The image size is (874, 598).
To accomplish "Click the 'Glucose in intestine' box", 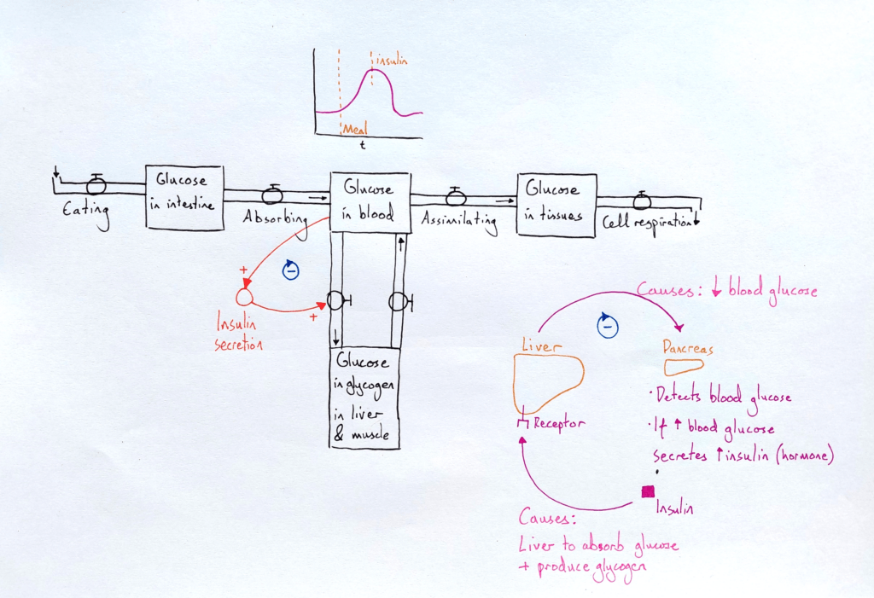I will point(184,198).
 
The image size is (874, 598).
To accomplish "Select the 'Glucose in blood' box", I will point(370,201).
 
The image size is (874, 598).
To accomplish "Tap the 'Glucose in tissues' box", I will point(556,205).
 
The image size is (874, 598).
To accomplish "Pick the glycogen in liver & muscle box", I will point(364,398).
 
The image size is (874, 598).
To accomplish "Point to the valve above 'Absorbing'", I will point(272,194).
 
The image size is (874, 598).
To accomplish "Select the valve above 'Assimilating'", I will point(457,197).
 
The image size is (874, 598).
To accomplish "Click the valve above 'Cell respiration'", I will point(642,200).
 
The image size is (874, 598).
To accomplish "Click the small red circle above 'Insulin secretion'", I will point(244,296).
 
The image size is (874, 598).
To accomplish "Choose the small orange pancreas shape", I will point(685,367).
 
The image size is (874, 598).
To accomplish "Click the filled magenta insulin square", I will point(648,491).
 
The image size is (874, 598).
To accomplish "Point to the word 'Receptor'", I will point(558,422).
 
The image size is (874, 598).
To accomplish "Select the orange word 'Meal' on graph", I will point(354,129).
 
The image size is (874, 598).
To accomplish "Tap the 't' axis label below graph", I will point(362,147).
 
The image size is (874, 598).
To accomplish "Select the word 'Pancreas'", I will point(687,348).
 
